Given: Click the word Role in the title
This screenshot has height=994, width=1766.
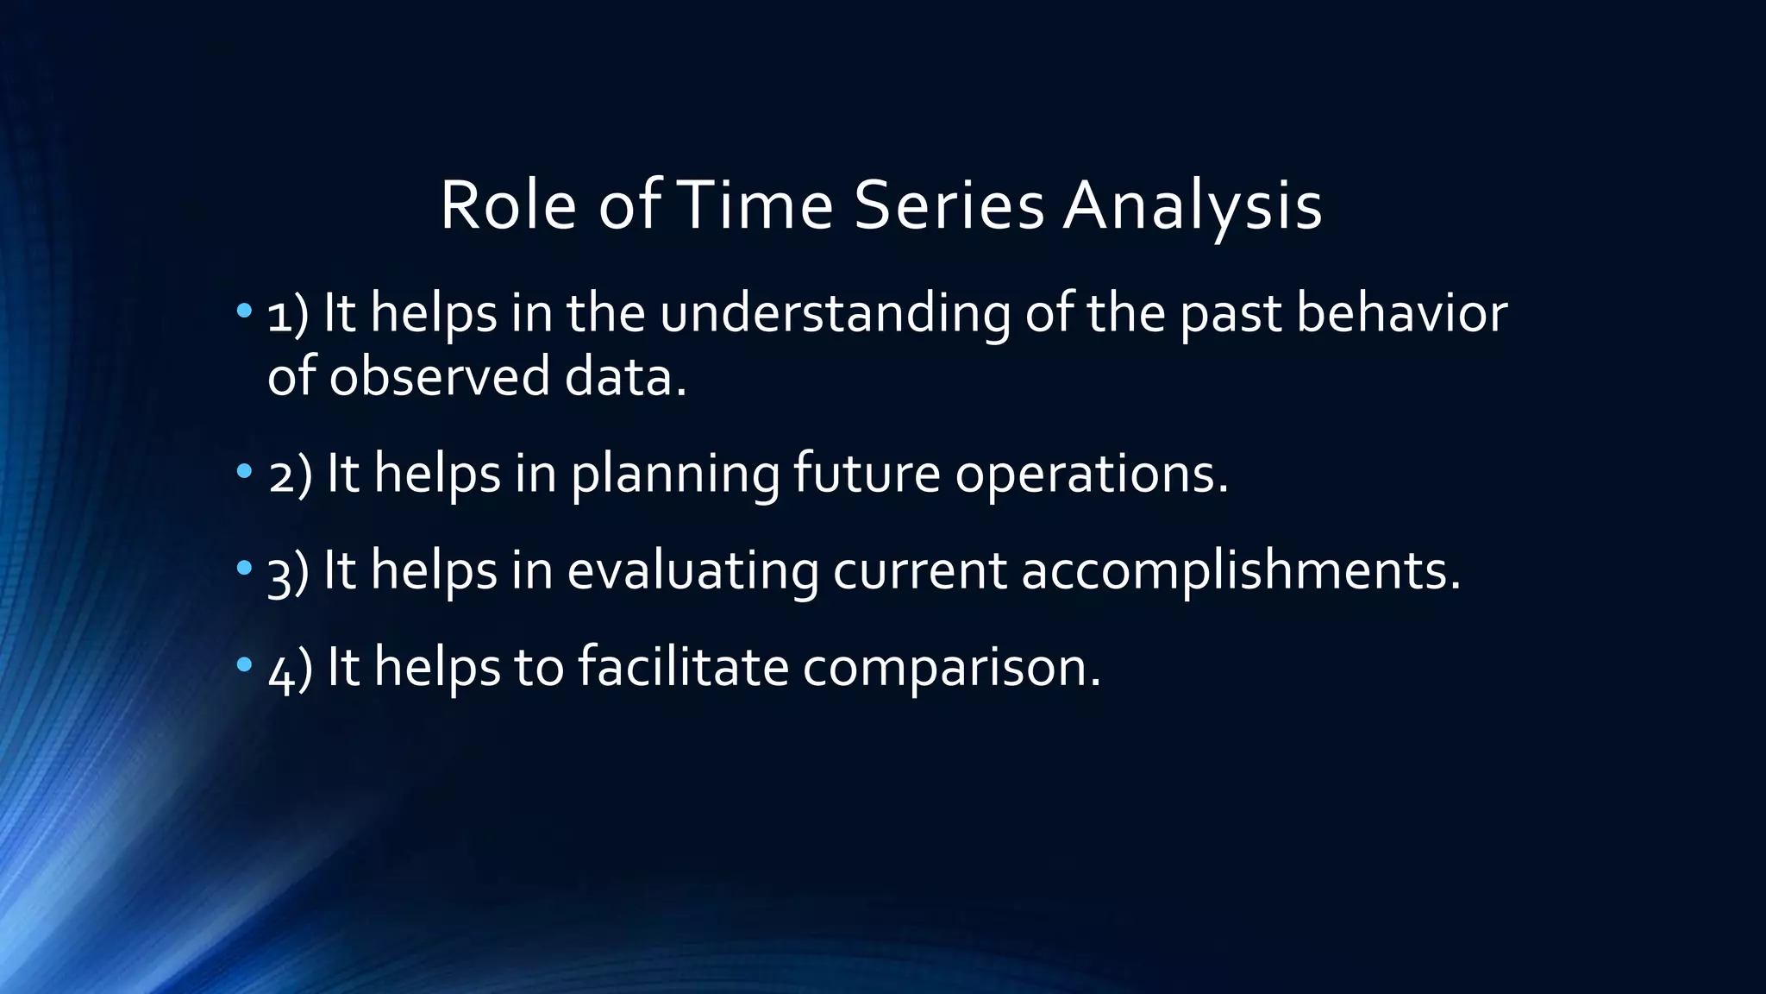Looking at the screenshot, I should click(x=508, y=207).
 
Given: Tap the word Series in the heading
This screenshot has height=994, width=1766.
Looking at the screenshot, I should click(x=949, y=207).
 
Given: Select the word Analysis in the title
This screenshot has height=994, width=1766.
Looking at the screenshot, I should click(x=1192, y=207).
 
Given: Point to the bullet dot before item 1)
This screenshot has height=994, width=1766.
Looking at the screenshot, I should click(x=244, y=309).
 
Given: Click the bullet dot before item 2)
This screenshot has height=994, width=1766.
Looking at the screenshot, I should click(x=244, y=471).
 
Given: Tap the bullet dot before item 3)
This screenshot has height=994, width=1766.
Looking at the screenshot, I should click(x=244, y=568).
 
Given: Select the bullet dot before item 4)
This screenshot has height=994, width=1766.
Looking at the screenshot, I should click(x=244, y=664).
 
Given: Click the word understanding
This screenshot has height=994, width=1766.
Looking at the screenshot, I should click(x=835, y=314).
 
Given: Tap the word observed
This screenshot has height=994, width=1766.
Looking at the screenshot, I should click(x=439, y=378).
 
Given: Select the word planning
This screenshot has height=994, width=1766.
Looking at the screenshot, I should click(x=674, y=476).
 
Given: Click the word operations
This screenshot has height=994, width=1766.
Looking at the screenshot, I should click(x=1090, y=476).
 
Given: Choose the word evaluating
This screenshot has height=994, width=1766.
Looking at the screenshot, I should click(x=692, y=571).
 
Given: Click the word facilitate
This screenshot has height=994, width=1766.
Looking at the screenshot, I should click(x=683, y=668).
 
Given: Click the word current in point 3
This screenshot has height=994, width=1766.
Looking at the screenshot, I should click(x=919, y=571).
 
